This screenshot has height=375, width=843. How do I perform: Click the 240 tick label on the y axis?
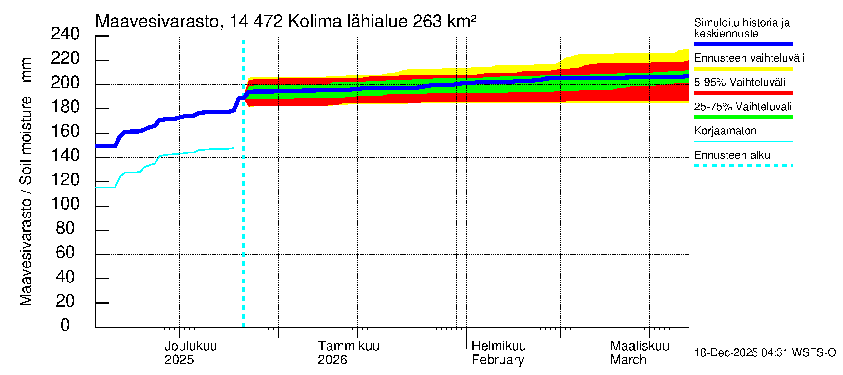pyautogui.click(x=65, y=34)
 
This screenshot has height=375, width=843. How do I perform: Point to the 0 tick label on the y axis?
pyautogui.click(x=65, y=325)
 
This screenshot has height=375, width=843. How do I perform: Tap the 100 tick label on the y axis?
pyautogui.click(x=65, y=204)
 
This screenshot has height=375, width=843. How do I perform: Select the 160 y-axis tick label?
pyautogui.click(x=65, y=131)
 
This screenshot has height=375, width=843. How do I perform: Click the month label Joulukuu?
pyautogui.click(x=190, y=346)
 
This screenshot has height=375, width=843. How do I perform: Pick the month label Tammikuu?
pyautogui.click(x=348, y=346)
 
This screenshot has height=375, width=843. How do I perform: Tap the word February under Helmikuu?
pyautogui.click(x=497, y=360)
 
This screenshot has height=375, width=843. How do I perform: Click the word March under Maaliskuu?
pyautogui.click(x=628, y=360)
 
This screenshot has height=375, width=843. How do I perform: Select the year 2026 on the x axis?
pyautogui.click(x=332, y=360)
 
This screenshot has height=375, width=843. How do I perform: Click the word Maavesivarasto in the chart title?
pyautogui.click(x=157, y=22)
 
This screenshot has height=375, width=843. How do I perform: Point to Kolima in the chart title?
pyautogui.click(x=314, y=22)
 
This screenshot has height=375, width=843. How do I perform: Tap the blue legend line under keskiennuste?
pyautogui.click(x=743, y=44)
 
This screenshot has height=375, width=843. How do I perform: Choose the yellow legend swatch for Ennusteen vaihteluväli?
pyautogui.click(x=743, y=69)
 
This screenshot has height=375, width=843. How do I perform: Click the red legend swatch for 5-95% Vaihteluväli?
pyautogui.click(x=743, y=93)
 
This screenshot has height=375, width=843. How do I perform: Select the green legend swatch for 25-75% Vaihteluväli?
pyautogui.click(x=743, y=117)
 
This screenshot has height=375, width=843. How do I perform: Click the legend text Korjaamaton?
pyautogui.click(x=725, y=131)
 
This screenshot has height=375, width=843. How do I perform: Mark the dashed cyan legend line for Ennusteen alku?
pyautogui.click(x=743, y=166)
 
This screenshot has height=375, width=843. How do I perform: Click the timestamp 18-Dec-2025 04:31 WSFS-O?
pyautogui.click(x=765, y=353)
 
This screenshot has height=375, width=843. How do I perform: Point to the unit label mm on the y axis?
pyautogui.click(x=26, y=70)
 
